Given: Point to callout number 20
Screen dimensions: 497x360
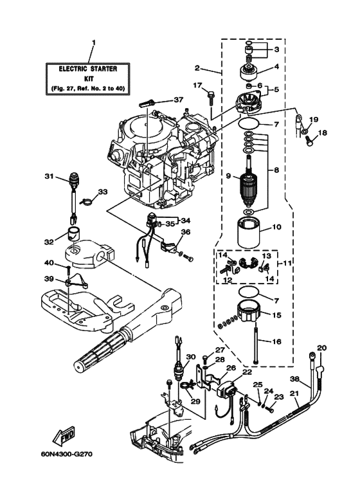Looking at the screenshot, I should click(x=322, y=348).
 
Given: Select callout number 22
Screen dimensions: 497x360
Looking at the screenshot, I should click(x=247, y=372).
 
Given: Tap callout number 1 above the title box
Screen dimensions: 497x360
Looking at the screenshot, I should click(x=93, y=43).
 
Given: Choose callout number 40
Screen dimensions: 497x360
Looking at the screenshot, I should click(x=49, y=262).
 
